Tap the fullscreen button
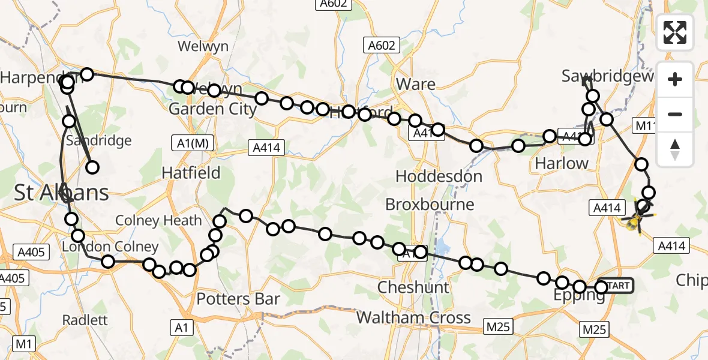tap(675, 32)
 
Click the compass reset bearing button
tap(675, 149)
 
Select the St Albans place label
tap(62, 193)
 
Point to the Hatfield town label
tap(191, 173)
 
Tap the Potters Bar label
tap(238, 298)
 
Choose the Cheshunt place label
tap(413, 287)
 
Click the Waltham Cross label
tap(414, 317)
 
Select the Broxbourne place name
tap(430, 205)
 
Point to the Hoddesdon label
tap(439, 176)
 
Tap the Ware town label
tap(416, 84)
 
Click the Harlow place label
tap(561, 163)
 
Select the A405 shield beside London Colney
tap(31, 252)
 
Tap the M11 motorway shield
tap(646, 125)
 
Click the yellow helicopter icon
tap(637, 219)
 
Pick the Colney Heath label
tap(158, 220)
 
